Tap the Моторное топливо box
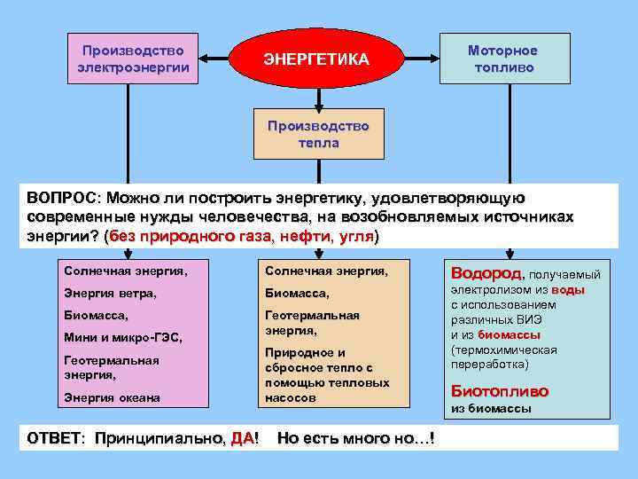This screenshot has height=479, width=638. point(502,59)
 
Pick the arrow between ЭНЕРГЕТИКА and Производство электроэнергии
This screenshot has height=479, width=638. point(214,59)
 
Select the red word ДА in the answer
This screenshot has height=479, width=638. point(241,437)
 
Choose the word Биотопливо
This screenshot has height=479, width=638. point(500,390)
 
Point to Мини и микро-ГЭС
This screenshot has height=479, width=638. point(122,337)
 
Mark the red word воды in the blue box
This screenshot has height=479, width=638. point(568,290)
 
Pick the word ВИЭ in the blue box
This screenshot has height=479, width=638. point(539,319)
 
